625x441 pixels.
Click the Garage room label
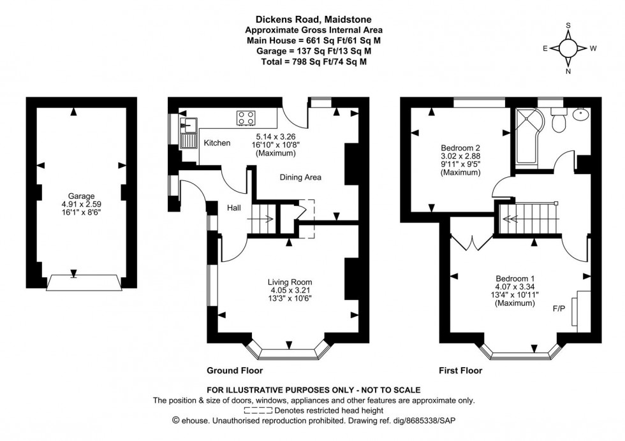(x=82, y=196)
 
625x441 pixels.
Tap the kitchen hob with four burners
(x=246, y=118)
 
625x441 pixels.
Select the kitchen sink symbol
(x=189, y=124)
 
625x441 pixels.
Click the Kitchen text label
(x=217, y=143)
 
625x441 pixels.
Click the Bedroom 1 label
(x=515, y=278)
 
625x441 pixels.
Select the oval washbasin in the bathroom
(x=581, y=115)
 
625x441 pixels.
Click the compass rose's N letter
(x=568, y=72)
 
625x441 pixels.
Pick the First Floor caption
(x=460, y=370)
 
